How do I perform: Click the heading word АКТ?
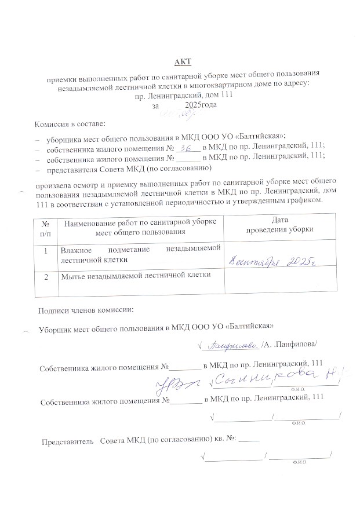tap(183, 61)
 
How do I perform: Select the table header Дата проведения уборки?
tap(279, 225)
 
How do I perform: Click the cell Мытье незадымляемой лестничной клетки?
tap(136, 275)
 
